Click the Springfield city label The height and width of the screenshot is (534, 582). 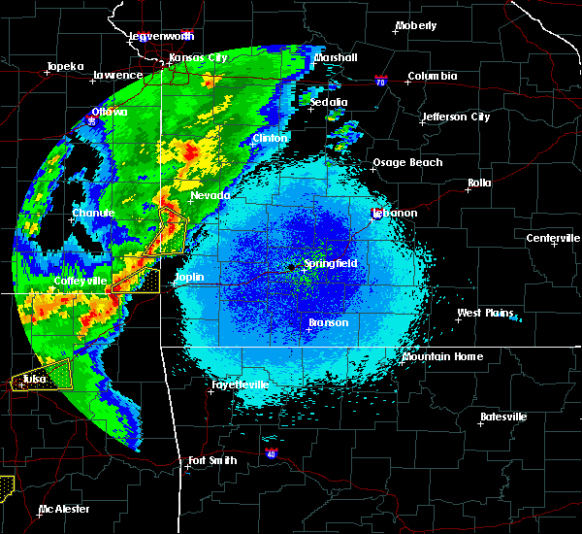(331, 263)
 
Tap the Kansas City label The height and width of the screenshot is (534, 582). (198, 57)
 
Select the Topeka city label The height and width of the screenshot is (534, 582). (65, 67)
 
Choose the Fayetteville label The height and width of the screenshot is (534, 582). (241, 384)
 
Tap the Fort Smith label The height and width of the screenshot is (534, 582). (212, 460)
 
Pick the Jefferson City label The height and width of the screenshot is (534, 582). (455, 117)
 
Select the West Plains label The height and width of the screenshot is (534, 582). (484, 313)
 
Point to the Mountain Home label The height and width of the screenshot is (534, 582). (441, 356)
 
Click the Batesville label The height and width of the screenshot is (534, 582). (503, 417)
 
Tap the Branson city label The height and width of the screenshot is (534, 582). (328, 322)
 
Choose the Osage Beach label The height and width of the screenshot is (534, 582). (407, 163)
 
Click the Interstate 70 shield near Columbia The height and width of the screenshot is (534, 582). (381, 83)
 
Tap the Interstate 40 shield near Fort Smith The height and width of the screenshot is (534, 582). (270, 452)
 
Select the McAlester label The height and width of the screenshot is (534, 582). (64, 509)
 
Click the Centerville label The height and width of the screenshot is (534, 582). (553, 239)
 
